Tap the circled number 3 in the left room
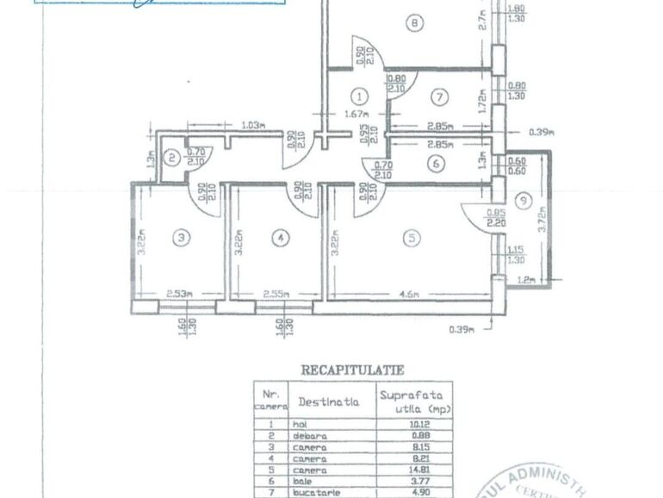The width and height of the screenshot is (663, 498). [x=179, y=238]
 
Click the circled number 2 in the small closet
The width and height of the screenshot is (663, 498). [x=172, y=158]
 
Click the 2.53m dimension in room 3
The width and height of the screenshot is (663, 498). [x=179, y=294]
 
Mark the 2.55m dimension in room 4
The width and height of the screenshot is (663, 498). [x=276, y=294]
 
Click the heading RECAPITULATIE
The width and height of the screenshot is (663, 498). [x=351, y=369]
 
